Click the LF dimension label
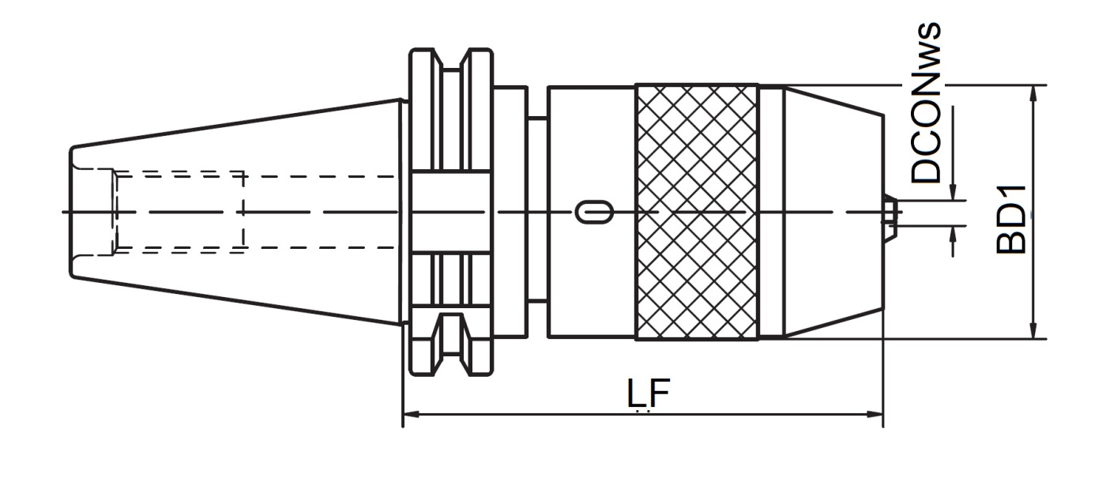click(x=649, y=393)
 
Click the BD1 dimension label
click(x=1011, y=220)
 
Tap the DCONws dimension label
click(x=926, y=104)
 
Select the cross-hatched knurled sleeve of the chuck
click(x=697, y=213)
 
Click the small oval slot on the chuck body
click(x=595, y=213)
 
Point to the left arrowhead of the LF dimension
click(x=412, y=414)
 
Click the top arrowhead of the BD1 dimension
click(x=1035, y=94)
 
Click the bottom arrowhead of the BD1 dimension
click(x=1035, y=330)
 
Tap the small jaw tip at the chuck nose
click(x=890, y=213)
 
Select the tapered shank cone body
click(x=236, y=213)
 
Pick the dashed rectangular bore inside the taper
click(x=179, y=213)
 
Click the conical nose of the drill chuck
click(x=833, y=213)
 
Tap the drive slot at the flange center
click(x=451, y=213)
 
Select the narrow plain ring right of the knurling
click(x=772, y=213)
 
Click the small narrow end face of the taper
click(x=71, y=213)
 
